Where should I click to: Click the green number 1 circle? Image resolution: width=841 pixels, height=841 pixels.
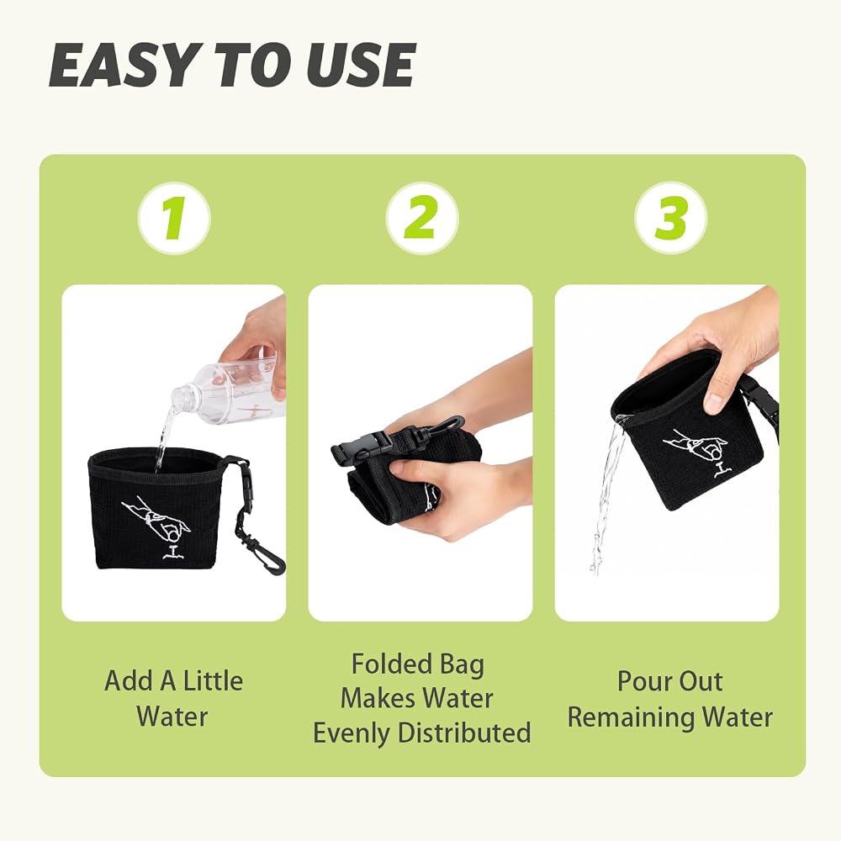[x=174, y=219]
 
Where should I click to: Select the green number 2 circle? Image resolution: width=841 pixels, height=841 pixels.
[x=421, y=219]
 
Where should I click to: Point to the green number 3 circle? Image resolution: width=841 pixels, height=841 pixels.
[x=670, y=219]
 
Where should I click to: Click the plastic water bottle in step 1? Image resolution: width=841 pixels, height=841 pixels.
[x=228, y=392]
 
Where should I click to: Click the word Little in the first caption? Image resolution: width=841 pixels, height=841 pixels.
[x=213, y=681]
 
